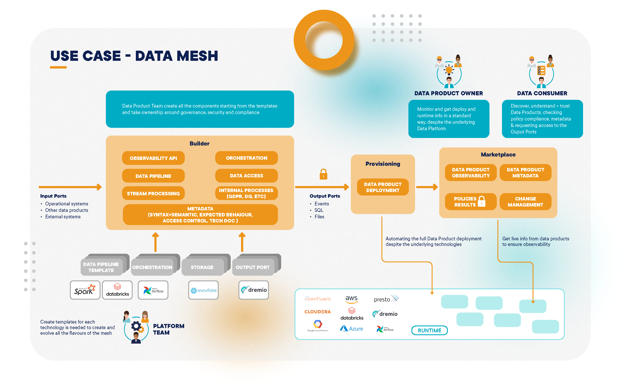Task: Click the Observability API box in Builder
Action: (153, 158)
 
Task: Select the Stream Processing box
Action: (153, 194)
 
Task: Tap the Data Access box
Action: (246, 176)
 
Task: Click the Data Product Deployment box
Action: (383, 187)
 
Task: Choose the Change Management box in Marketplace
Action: (525, 202)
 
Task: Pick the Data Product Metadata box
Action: (525, 172)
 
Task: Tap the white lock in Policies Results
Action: (482, 202)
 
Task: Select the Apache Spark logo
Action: (85, 290)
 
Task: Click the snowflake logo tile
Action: (203, 290)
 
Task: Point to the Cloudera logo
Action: (317, 312)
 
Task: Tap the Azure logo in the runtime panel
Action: (351, 329)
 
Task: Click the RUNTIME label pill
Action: (429, 330)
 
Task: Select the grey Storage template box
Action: (202, 267)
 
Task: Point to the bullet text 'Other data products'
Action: (66, 210)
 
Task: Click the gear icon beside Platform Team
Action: (136, 326)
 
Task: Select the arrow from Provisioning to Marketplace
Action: (427, 187)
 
